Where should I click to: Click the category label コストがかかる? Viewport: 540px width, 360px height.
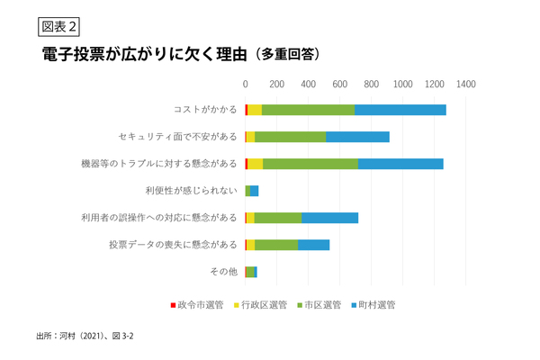coord(205,110)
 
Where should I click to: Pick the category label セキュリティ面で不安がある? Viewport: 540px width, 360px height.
coord(177,137)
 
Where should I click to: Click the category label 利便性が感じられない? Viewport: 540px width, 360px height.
coord(191,191)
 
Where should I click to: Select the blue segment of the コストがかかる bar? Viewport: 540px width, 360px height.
coord(400,110)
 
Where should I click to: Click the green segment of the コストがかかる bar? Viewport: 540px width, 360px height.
coord(308,110)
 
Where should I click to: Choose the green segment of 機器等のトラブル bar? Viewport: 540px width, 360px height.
coord(310,164)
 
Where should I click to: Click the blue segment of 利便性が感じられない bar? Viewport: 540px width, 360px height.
coord(255,191)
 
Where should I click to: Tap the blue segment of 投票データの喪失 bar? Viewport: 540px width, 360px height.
coord(313,244)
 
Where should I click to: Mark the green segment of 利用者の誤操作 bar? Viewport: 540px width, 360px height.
coord(278,218)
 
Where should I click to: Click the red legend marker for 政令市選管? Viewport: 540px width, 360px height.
coord(173,305)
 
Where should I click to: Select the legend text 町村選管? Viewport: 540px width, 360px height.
coord(377,305)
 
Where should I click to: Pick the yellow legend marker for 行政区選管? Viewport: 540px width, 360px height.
coord(237,305)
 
